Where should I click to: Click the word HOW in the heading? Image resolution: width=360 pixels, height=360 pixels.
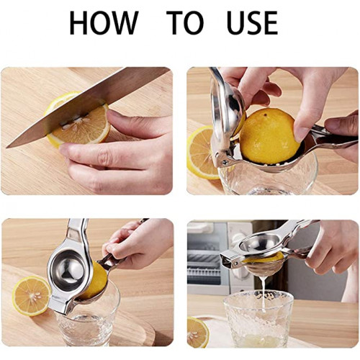click(x=104, y=23)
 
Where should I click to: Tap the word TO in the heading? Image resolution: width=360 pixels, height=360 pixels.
click(x=185, y=23)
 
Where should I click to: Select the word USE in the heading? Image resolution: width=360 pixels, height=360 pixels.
click(x=252, y=23)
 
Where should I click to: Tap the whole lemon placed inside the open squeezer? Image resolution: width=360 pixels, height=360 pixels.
click(x=269, y=135)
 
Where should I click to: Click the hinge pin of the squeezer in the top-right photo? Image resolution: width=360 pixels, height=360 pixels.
click(x=225, y=163)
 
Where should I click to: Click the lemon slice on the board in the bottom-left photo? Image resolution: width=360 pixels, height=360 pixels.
click(x=32, y=296)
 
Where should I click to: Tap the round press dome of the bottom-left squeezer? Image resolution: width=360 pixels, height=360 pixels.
click(x=68, y=269)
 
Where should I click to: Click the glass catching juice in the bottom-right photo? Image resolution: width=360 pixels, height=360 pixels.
click(x=258, y=318)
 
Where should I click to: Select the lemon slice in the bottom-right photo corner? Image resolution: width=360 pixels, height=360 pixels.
click(x=197, y=332)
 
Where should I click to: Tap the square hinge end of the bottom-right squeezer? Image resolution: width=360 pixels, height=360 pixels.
click(x=228, y=258)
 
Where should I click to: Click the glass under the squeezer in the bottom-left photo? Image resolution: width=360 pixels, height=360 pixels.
click(x=88, y=319)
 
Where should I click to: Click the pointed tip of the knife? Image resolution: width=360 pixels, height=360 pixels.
click(x=7, y=147)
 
